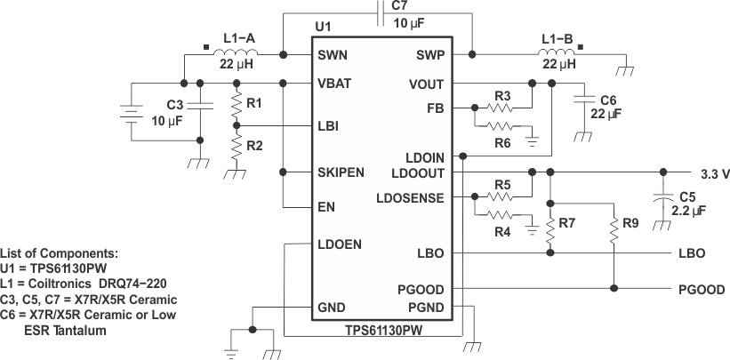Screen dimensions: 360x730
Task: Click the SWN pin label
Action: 333,55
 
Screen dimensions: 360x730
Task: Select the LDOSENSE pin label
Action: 411,197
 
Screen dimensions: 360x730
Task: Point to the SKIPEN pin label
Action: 341,172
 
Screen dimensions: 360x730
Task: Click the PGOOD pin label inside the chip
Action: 422,289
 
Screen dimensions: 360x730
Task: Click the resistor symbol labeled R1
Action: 237,107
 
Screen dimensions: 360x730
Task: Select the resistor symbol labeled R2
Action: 237,144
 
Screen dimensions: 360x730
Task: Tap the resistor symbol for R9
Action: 614,232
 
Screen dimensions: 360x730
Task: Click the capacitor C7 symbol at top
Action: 381,13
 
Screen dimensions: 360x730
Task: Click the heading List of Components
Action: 59,253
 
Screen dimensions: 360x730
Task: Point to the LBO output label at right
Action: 691,253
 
